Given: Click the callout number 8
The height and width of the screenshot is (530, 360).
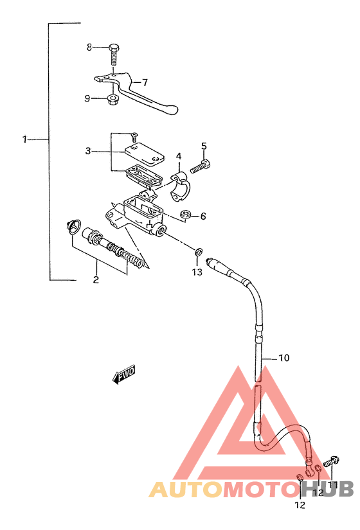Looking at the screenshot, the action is click(x=89, y=47).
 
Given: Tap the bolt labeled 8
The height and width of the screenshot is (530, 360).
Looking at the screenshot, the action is click(x=113, y=55).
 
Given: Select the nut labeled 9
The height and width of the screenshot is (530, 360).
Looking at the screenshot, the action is click(x=111, y=100).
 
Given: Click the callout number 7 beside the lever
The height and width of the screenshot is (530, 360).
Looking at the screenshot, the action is click(x=145, y=82).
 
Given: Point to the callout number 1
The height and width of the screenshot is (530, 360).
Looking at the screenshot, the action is click(x=24, y=139).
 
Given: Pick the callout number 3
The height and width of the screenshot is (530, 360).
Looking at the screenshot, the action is click(x=88, y=151).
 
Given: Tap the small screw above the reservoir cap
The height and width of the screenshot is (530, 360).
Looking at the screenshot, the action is click(x=134, y=137).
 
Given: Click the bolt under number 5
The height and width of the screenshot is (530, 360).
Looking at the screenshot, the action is click(x=201, y=166).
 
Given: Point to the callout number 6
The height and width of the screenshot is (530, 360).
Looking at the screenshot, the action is click(x=203, y=216).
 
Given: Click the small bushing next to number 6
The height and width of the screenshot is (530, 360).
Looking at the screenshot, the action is click(x=186, y=214).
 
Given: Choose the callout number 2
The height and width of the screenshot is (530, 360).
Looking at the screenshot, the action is click(x=96, y=279).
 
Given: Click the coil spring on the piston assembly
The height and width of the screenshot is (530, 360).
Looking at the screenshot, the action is click(x=134, y=259).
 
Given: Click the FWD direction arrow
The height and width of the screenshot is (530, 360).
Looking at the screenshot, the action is click(x=124, y=374).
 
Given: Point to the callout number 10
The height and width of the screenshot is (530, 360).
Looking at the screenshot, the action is click(x=284, y=358).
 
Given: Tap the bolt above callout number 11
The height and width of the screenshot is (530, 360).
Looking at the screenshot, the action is click(x=332, y=462).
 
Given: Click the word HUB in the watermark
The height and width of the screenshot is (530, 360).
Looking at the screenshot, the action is click(x=327, y=488).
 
